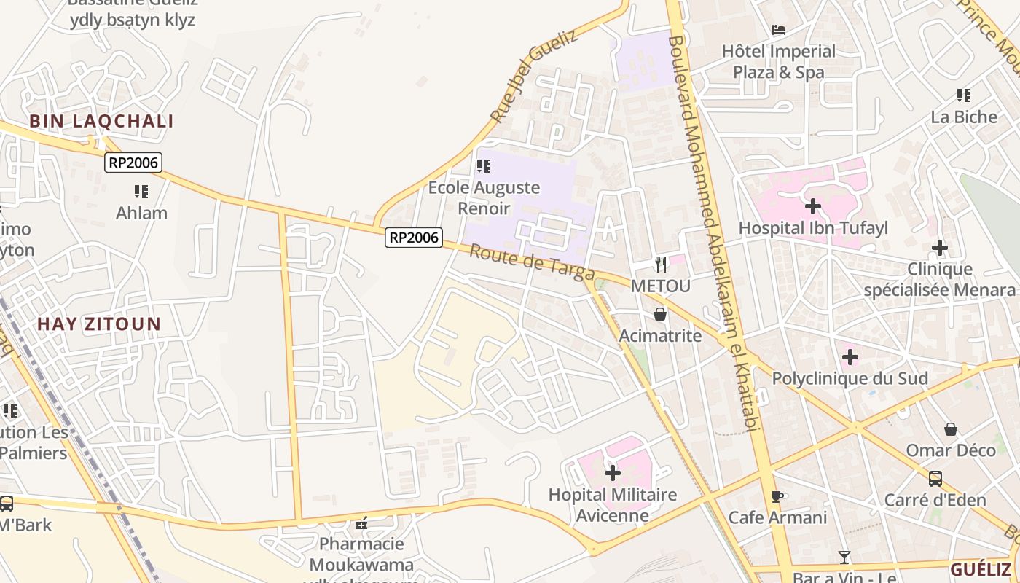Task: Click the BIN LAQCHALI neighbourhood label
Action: coord(101,122)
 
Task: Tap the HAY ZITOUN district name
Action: coord(99,324)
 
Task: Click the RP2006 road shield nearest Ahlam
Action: coord(133,163)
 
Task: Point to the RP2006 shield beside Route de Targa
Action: coord(414,237)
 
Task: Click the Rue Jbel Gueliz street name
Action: coord(533,76)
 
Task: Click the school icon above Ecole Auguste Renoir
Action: coord(484,167)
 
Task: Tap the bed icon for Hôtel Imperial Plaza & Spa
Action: coord(779,30)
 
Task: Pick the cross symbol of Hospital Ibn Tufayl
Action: coord(813,207)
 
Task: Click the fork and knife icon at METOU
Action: coord(660,264)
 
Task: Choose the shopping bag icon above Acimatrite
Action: coord(660,314)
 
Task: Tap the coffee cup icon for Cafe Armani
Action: coord(777,496)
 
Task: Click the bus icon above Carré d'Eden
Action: coord(935,479)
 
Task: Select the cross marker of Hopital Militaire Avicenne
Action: coord(613,473)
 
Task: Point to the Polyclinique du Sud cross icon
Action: coord(850,357)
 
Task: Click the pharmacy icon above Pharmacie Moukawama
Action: coord(361,523)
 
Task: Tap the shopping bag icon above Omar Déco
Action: coord(950,429)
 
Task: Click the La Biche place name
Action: coord(964,117)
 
